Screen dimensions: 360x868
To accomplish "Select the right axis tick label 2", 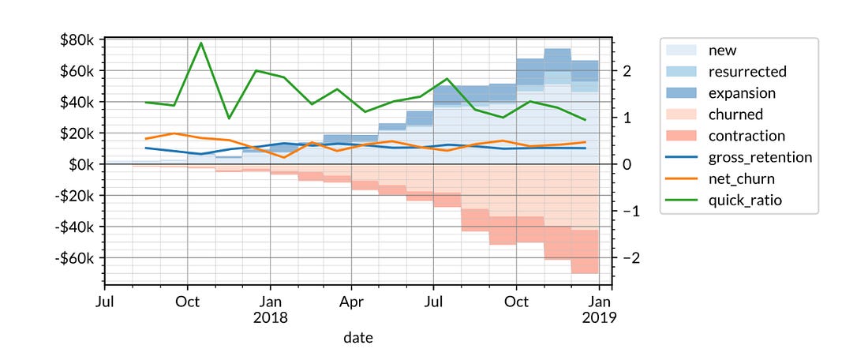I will pyautogui.click(x=626, y=70).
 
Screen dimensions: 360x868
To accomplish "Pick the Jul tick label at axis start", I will pyautogui.click(x=104, y=302).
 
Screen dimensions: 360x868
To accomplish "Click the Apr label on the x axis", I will pyautogui.click(x=353, y=302).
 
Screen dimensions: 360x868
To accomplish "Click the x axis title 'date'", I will pyautogui.click(x=357, y=338).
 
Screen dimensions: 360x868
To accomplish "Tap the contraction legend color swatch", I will pyautogui.click(x=683, y=136).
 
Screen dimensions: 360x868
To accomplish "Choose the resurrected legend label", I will pyautogui.click(x=748, y=72).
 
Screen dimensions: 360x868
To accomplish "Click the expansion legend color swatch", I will pyautogui.click(x=683, y=93).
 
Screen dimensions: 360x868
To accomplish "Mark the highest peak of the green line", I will pyautogui.click(x=201, y=43).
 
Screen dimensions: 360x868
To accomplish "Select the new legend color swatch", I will pyautogui.click(x=683, y=51).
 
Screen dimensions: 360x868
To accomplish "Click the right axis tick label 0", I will pyautogui.click(x=626, y=164).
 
